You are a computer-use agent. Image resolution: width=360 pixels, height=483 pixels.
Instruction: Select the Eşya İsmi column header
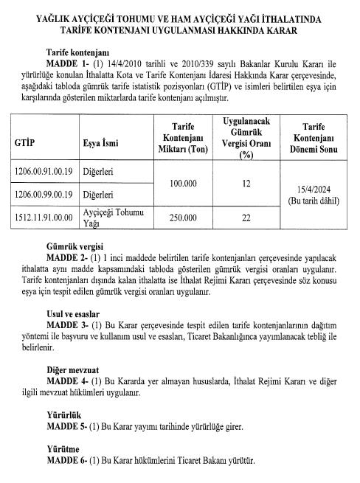coord(103,144)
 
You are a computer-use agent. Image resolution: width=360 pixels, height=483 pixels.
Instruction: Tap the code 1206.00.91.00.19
coord(43,173)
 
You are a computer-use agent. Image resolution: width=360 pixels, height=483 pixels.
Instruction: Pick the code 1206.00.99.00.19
coord(43,195)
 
